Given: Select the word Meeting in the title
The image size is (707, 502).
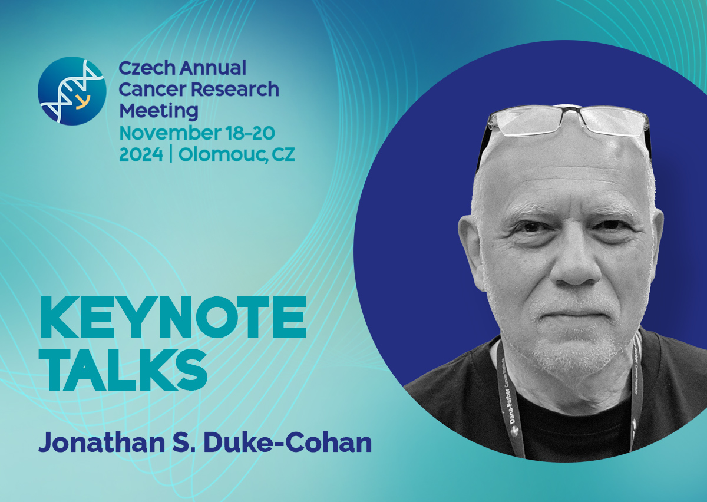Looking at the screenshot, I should coord(158,111).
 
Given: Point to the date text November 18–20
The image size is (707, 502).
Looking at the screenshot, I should coord(197,133).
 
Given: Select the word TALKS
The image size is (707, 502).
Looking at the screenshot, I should coord(127,369).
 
